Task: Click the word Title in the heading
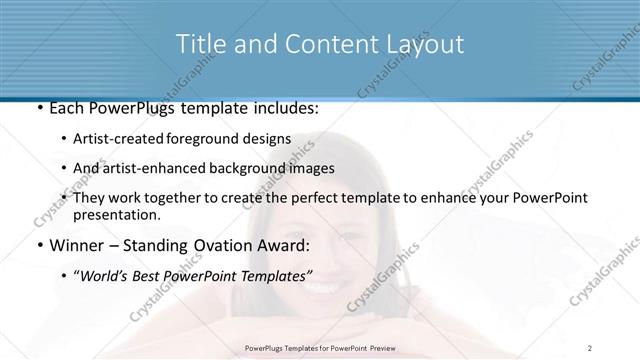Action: click(199, 44)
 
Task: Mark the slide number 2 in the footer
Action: click(590, 347)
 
